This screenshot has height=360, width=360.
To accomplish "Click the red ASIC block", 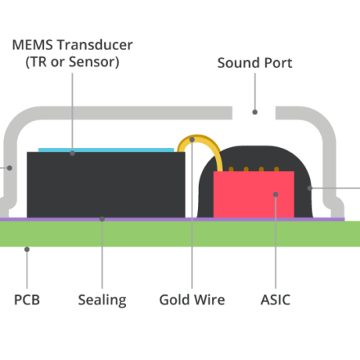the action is [x=254, y=194].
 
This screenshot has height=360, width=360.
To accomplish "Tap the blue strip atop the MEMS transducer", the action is [x=106, y=150].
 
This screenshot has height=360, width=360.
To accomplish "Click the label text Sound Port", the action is [x=254, y=63].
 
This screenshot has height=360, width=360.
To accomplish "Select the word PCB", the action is [x=27, y=300].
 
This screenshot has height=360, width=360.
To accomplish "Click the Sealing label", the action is [x=103, y=301].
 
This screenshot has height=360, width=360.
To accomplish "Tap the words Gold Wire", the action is [x=192, y=300].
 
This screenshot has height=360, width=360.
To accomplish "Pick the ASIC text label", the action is [x=275, y=300].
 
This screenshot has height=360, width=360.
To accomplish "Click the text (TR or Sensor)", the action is [x=72, y=62].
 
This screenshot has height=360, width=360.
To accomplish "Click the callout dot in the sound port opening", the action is [x=255, y=112].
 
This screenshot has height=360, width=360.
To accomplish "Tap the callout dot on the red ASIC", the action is [x=275, y=194].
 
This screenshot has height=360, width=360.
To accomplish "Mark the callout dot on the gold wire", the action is [x=192, y=140].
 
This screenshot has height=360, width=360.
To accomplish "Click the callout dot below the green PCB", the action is [x=27, y=250].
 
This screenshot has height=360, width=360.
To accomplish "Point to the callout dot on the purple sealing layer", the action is [x=102, y=219].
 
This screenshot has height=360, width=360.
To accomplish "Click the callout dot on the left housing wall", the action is [x=9, y=168].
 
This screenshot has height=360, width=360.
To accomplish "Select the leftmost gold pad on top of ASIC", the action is [x=231, y=169].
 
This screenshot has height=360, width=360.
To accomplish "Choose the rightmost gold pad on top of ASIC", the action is [x=276, y=169].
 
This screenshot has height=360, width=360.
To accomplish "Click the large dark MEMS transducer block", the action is [x=106, y=185].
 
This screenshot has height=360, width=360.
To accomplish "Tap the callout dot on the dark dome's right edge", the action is [x=310, y=188].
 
